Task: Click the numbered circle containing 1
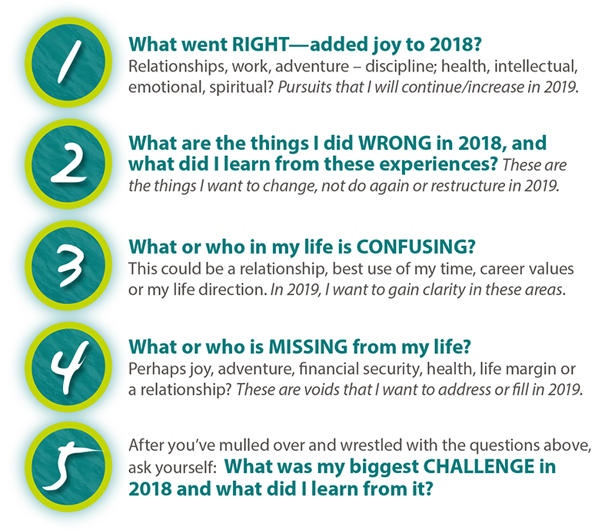point(68,62)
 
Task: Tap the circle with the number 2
point(68,164)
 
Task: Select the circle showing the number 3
point(68,266)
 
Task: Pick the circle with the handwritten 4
point(68,367)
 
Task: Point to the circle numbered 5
point(68,467)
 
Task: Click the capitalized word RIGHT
point(261,45)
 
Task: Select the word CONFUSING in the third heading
point(416,247)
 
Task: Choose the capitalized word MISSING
point(308,347)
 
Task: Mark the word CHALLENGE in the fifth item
point(479,466)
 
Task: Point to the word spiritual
point(241,87)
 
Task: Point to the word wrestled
point(371,446)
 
